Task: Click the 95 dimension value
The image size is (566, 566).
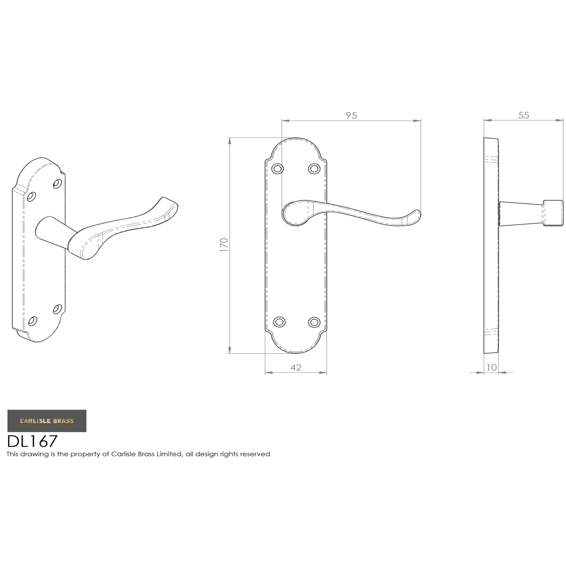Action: [x=351, y=116]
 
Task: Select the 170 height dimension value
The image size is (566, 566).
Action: [x=224, y=245]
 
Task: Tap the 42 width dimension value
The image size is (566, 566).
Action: [x=296, y=367]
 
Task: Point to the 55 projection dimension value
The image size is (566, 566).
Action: [x=524, y=115]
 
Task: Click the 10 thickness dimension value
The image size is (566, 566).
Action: [x=491, y=367]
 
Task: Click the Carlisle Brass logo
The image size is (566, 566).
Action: [x=47, y=421]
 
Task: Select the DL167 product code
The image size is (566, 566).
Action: [x=33, y=441]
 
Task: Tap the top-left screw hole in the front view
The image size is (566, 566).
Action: [x=277, y=169]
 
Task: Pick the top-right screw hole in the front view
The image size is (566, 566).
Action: [x=314, y=169]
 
